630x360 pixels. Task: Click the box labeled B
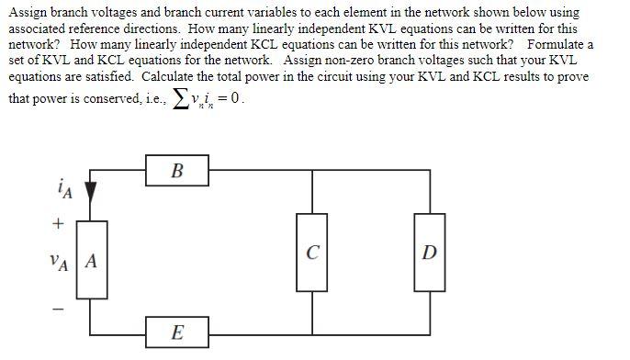177,171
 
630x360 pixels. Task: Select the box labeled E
176,332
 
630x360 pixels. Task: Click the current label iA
63,190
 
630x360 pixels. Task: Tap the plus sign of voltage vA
59,222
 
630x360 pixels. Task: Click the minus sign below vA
58,309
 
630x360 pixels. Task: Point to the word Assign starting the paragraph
27,13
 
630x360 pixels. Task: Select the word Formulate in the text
557,44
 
